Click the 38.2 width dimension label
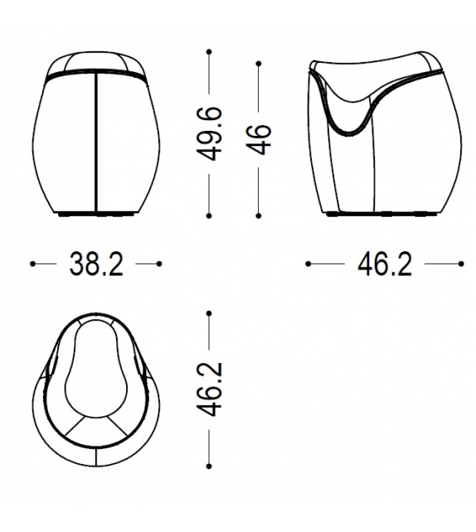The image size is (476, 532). [95, 264]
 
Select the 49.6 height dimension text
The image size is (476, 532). [212, 133]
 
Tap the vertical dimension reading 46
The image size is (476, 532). [259, 133]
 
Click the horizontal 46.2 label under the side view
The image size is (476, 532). [384, 264]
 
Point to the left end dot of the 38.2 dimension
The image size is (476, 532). [32, 264]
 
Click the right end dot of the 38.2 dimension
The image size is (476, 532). [159, 264]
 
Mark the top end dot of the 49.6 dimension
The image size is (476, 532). [210, 52]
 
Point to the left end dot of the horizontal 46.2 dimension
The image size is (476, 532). [308, 264]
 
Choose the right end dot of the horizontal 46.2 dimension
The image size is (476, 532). [461, 264]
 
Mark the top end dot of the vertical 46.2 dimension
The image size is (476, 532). [210, 312]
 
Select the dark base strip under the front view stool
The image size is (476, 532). [96, 215]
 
